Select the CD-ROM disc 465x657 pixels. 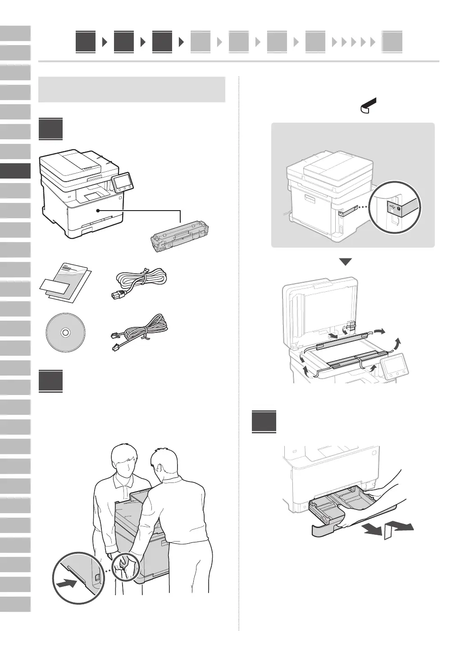65,332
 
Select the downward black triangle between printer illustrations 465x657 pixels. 345,262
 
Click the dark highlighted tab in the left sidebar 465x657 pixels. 15,171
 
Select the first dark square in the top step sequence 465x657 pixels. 86,42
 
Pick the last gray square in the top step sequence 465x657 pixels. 392,43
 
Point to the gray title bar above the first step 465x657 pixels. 132,89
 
